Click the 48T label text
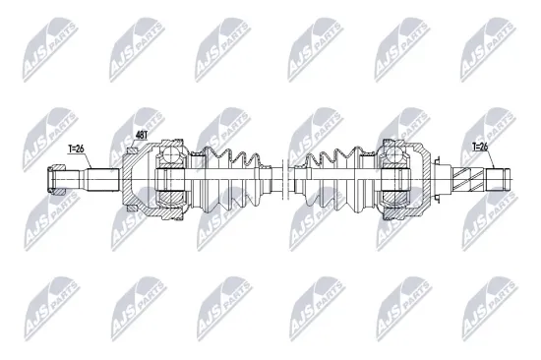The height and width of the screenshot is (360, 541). (141, 135)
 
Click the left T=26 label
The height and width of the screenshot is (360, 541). (76, 149)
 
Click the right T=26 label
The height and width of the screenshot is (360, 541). (480, 147)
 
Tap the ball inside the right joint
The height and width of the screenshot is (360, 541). (394, 152)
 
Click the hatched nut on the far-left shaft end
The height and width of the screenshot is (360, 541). (56, 179)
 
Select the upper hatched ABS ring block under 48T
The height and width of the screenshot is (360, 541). (132, 150)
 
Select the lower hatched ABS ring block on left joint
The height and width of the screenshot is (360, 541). (132, 209)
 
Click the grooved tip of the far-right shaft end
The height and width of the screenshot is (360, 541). (507, 179)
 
